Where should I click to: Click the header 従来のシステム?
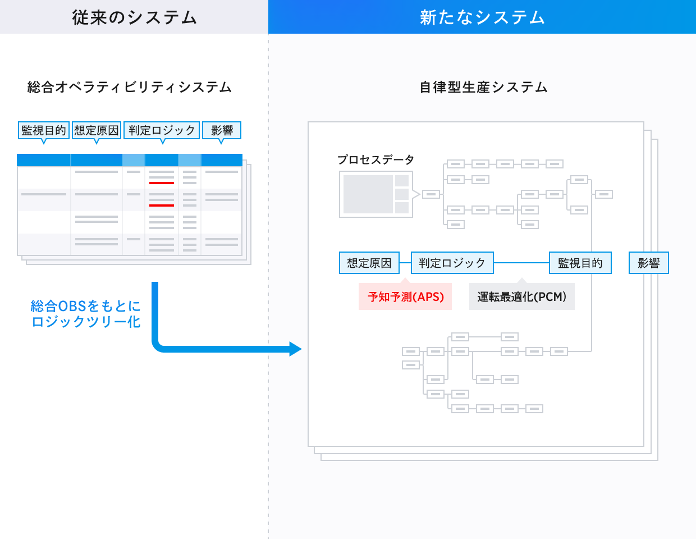point(134,17)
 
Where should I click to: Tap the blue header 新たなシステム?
point(482,17)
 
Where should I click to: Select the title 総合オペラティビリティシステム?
point(130,88)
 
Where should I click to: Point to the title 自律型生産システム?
point(483,88)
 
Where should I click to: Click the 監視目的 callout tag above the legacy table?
point(44,130)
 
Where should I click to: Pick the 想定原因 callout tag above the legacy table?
point(97,130)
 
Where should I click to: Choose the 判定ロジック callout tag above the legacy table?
point(162,130)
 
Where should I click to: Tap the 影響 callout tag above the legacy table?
point(222,130)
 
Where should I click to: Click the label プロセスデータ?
point(376,160)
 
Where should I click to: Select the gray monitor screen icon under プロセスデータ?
point(376,194)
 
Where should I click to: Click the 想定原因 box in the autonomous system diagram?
point(369,263)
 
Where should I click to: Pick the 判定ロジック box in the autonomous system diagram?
point(452,263)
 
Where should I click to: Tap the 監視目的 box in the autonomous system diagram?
point(580,263)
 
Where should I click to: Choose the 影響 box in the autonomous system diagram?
point(648,263)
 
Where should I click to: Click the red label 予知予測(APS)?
point(405,297)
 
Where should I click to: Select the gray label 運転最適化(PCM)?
point(521,297)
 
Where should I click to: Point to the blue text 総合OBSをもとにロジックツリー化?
point(86,314)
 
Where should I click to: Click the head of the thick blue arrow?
point(295,349)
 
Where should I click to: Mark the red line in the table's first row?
point(162,183)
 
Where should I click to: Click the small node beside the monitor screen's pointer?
point(431,194)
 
